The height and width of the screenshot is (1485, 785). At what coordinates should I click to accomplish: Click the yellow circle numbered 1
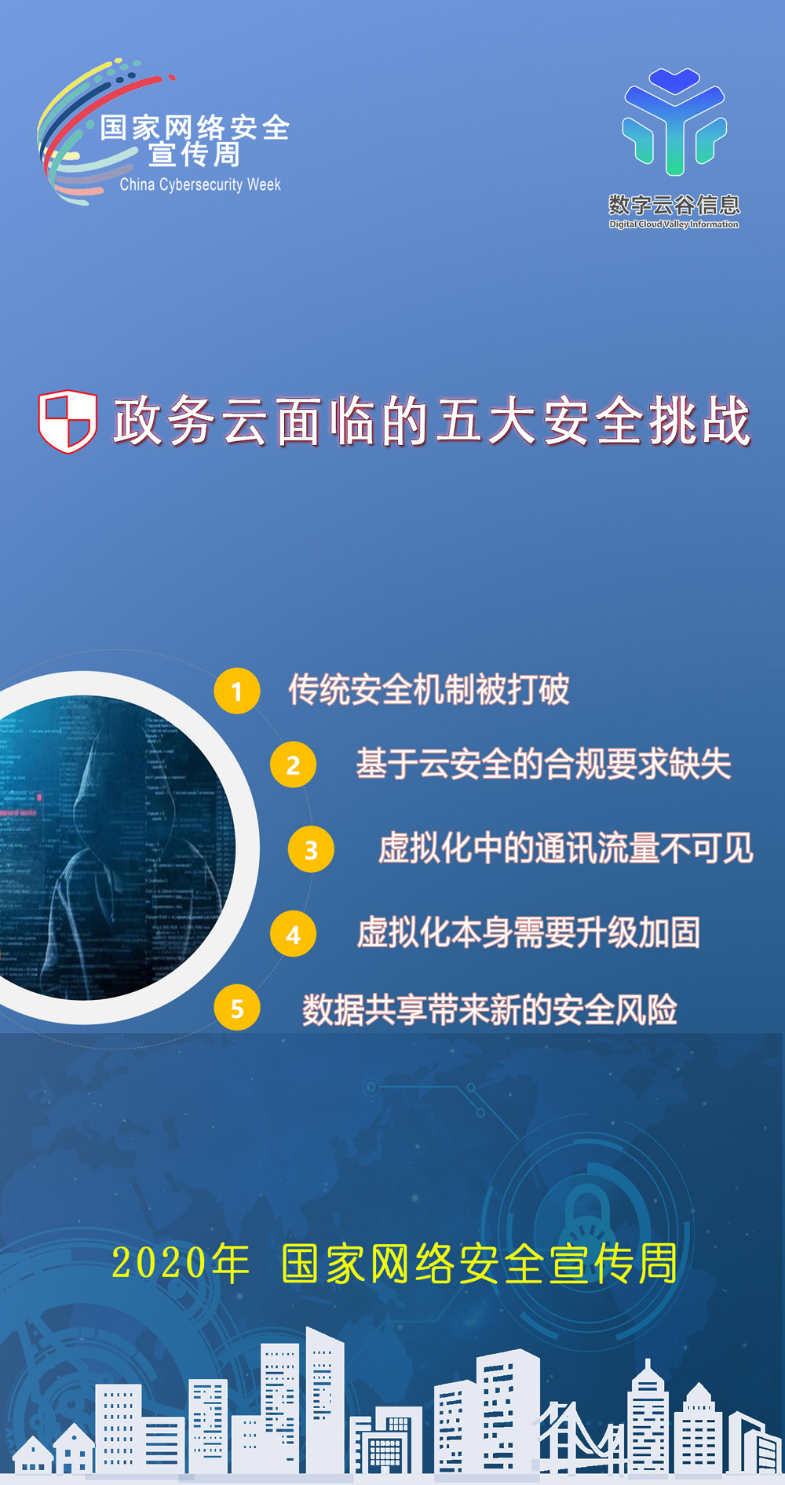pos(237,691)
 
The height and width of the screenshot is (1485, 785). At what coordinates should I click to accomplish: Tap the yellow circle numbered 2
pos(293,764)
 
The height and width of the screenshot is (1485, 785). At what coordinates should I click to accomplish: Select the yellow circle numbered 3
pos(311,849)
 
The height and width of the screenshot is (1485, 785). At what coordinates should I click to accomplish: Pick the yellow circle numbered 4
pos(293,934)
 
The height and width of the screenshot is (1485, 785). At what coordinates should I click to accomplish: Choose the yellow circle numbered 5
pos(237,1008)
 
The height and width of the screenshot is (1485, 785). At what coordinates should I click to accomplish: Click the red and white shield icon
pos(68,421)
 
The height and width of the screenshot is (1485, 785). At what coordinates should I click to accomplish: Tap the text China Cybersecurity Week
pos(200,185)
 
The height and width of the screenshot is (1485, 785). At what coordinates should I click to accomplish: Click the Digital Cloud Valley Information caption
pos(674,224)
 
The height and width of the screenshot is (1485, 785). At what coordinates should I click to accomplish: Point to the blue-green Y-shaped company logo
pos(674,122)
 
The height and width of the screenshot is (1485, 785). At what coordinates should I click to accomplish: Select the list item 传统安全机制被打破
pos(429,690)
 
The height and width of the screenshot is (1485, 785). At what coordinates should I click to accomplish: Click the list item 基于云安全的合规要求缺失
pos(543,764)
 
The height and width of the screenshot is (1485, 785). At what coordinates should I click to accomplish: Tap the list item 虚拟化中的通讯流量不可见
pos(565,848)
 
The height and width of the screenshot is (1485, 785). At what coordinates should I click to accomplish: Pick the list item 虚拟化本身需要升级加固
pos(528,933)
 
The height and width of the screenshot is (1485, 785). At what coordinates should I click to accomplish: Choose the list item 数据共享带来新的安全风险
pos(490,1009)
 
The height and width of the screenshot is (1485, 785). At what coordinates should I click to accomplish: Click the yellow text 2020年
pos(181,1264)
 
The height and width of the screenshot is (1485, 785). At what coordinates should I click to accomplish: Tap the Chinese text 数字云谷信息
pos(674,206)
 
